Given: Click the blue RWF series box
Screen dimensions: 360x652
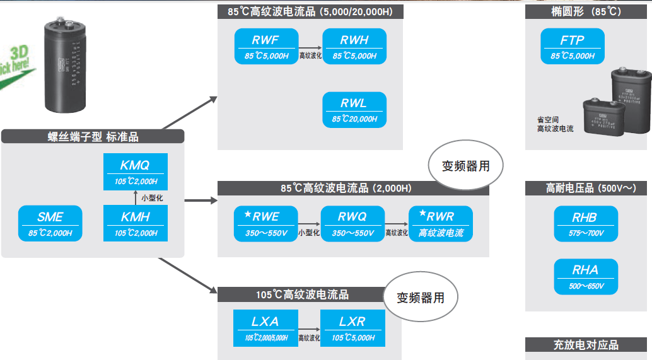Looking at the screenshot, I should coord(265,47).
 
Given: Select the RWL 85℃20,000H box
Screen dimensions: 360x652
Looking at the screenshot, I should coord(354,110).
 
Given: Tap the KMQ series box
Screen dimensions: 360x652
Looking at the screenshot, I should coord(136,171).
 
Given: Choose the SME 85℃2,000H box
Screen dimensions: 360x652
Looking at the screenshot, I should coord(50,223).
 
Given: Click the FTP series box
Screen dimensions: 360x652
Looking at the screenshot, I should coord(573,47).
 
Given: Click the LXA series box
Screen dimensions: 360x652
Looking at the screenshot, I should coord(265,328).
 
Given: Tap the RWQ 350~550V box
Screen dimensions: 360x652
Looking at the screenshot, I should coord(352,223).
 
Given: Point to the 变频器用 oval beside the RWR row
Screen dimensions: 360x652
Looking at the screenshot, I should coord(466,167).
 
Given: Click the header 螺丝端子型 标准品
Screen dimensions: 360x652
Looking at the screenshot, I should coord(93,136).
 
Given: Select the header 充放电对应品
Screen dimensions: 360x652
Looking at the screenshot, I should coord(586,345).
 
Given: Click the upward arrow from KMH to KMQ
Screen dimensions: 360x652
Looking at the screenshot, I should coord(136,198).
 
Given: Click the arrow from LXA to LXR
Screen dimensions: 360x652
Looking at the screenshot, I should coord(308,329).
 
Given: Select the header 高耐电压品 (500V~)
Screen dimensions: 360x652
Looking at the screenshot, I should coord(586,188).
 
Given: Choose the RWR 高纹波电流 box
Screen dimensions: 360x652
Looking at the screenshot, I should coord(441,223).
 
